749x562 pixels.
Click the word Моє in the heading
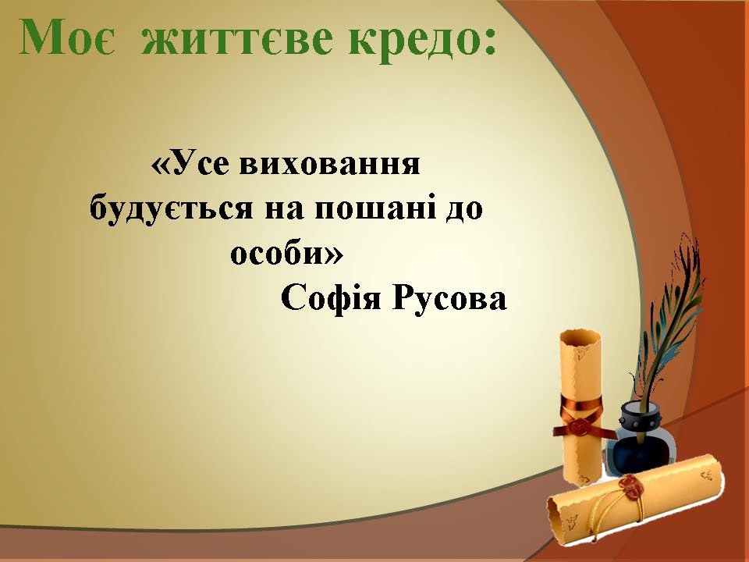tap(67, 38)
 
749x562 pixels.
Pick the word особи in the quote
tap(276, 252)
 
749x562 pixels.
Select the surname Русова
tap(449, 300)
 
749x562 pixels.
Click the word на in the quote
tap(284, 211)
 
